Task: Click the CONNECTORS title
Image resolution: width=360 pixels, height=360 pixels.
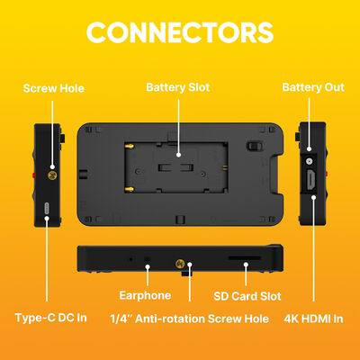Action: pos(180,32)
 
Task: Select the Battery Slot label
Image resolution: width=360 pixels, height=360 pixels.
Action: pos(178,87)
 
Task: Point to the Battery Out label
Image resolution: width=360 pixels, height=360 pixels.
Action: pos(310,87)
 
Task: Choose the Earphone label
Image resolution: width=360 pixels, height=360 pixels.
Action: pos(146,294)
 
